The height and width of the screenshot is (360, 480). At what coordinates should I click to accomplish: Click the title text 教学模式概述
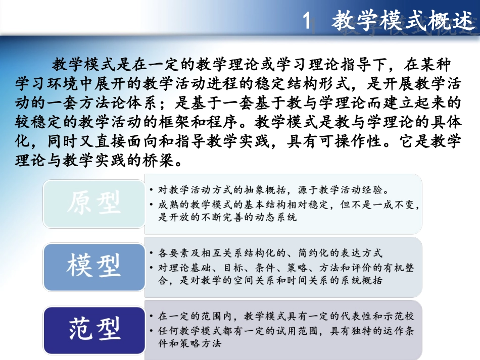404,22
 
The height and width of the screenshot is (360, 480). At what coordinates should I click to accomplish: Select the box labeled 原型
94,204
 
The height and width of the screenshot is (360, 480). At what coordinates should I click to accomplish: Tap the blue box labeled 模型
94,266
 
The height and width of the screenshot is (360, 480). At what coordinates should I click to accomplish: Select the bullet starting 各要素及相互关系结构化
270,253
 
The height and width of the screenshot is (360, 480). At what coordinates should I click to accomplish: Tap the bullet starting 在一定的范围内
285,316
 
